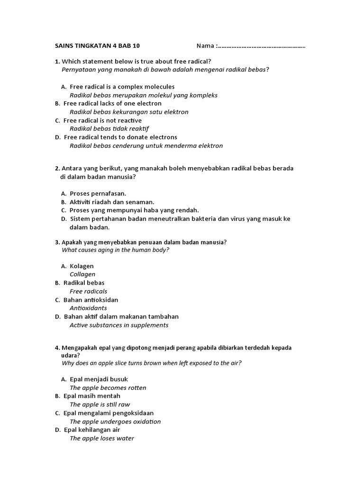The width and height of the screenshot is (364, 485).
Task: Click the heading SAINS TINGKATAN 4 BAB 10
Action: (98, 46)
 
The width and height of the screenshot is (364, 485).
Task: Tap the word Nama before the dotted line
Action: (205, 46)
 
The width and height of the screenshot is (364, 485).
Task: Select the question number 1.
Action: (57, 62)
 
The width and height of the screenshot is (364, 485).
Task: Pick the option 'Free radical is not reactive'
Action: (102, 120)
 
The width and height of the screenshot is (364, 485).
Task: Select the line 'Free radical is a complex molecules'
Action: (122, 87)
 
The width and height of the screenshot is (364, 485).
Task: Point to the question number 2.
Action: (57, 169)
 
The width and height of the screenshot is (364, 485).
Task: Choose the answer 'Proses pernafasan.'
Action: (98, 193)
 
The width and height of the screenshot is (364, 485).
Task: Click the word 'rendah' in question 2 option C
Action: (189, 210)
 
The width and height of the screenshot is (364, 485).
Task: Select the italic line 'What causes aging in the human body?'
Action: (116, 250)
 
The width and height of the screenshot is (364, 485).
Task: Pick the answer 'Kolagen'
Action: (82, 266)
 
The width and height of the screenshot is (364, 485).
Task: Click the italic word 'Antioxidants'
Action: (88, 308)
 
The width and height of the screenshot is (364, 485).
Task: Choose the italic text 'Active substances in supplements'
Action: (119, 325)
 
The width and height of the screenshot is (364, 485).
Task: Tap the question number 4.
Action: (57, 348)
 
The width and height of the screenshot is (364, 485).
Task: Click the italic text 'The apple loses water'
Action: (102, 438)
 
